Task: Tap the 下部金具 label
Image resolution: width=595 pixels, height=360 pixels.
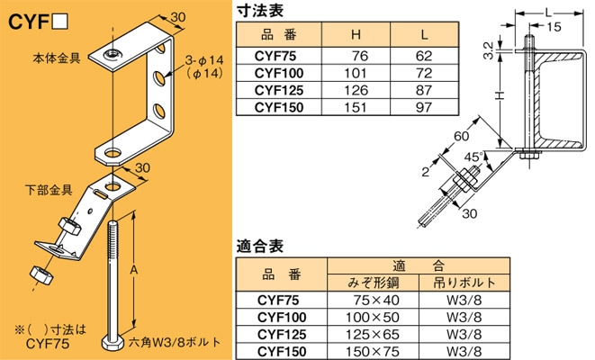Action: [47, 191]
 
